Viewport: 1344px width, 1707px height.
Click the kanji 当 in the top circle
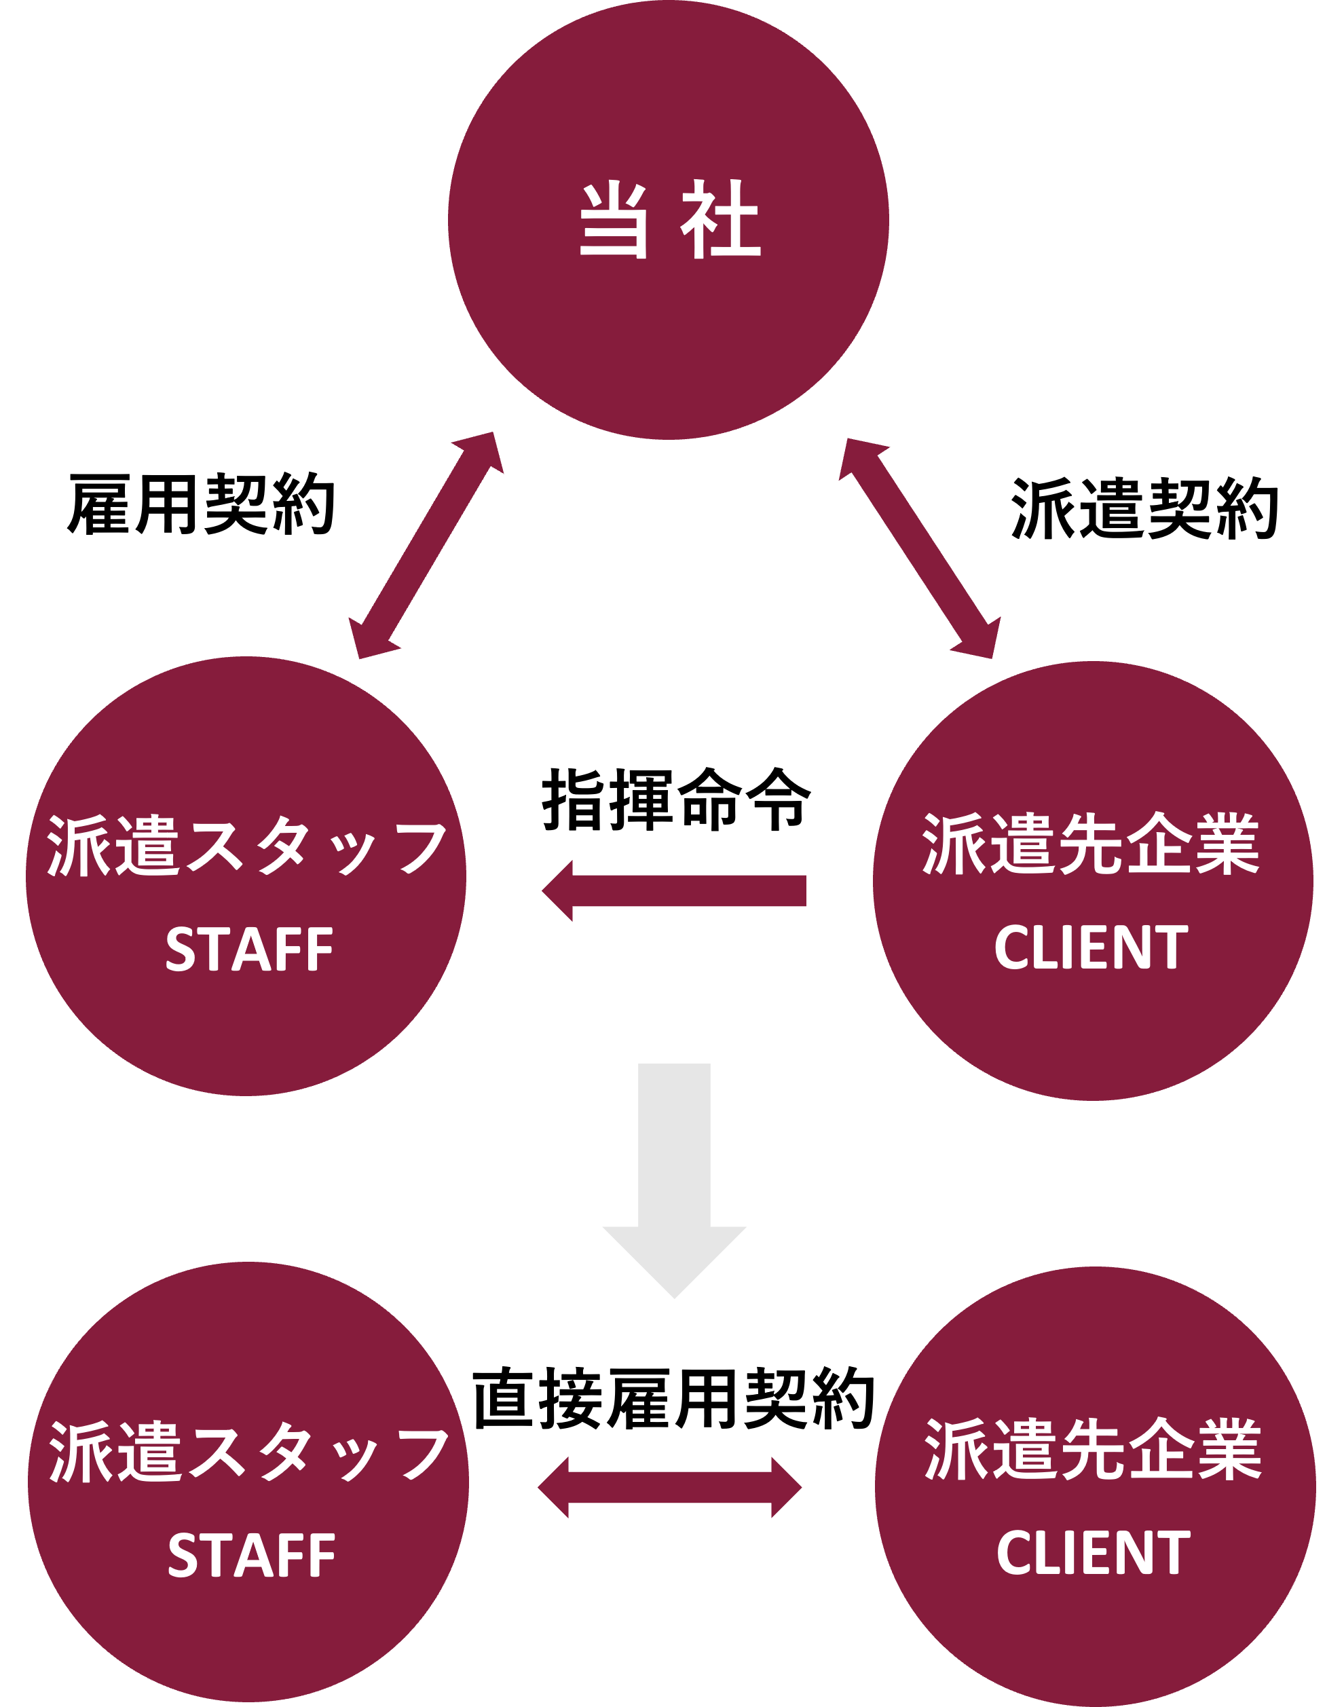[x=613, y=221]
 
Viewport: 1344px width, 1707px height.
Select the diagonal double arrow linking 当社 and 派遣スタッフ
[x=426, y=545]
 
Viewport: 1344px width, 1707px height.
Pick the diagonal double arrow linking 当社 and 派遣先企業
[x=919, y=548]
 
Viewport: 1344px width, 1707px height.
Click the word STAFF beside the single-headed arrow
[x=249, y=950]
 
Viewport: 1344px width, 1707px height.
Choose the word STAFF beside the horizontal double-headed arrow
[x=252, y=1556]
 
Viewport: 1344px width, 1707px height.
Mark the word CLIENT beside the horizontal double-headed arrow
[x=1094, y=1553]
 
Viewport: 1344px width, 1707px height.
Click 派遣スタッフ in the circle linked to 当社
[x=246, y=846]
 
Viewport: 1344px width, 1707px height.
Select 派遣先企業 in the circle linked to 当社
[x=1091, y=845]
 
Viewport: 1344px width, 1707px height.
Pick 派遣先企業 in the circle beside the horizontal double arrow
[x=1093, y=1450]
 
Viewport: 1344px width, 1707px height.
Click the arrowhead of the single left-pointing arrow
[x=558, y=891]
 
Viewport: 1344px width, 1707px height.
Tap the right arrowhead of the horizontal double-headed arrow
[x=786, y=1488]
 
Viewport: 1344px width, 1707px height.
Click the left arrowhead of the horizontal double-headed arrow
[x=553, y=1488]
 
